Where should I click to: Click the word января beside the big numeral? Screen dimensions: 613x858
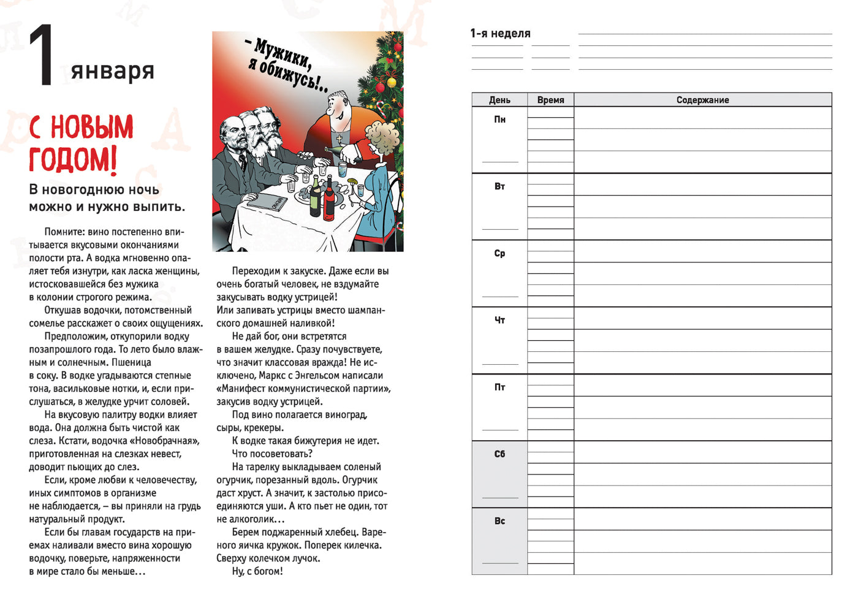(112, 70)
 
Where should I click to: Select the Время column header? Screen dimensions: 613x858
(550, 100)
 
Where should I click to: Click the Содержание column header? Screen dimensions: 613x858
(702, 100)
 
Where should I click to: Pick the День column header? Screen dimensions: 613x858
(499, 100)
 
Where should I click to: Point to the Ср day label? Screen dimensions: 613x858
(499, 253)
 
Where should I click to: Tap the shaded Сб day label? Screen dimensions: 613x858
(499, 454)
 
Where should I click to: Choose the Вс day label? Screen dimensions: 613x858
(499, 521)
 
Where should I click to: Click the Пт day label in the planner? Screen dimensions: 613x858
(499, 387)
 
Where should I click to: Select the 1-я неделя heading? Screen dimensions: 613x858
(500, 34)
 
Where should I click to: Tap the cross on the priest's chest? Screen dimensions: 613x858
(338, 140)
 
